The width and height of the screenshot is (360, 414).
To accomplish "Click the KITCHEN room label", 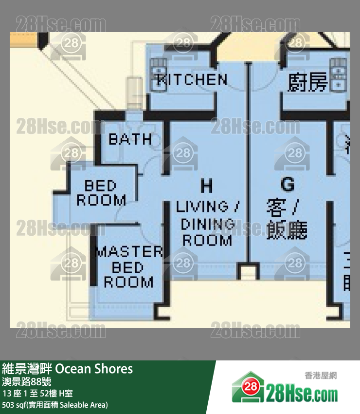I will click(x=192, y=80).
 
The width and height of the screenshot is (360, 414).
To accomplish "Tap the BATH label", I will click(x=130, y=139).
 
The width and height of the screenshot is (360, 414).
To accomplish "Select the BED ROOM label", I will click(x=101, y=193).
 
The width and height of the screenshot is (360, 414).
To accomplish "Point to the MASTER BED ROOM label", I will click(x=128, y=267).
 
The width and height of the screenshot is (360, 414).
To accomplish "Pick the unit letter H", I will click(x=207, y=186).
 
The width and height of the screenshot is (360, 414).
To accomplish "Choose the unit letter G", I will click(x=288, y=184).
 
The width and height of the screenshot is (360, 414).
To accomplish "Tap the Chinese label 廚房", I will click(x=307, y=82).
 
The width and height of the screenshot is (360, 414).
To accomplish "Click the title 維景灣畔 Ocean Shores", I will click(x=68, y=369).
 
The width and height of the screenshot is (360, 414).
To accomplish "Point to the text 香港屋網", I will click(x=321, y=376).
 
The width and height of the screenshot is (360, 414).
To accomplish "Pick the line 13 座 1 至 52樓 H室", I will click(x=37, y=393).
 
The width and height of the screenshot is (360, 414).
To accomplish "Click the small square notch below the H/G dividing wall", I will click(x=247, y=270).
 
